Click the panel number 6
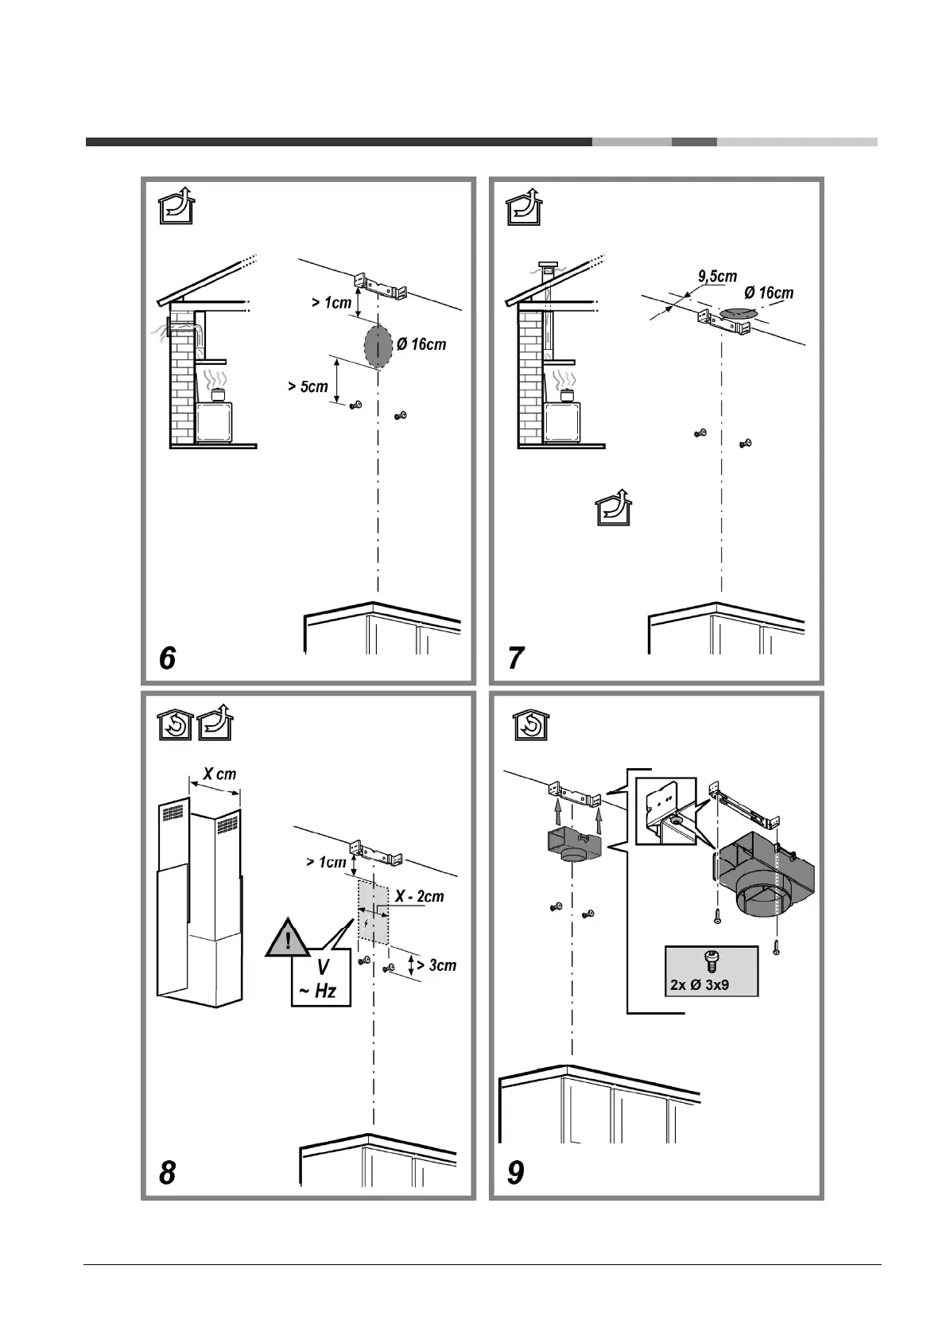(x=167, y=658)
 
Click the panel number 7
(x=516, y=658)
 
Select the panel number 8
(x=167, y=1172)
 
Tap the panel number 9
(x=516, y=1172)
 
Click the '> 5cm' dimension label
(x=308, y=387)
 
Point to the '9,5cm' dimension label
(x=717, y=277)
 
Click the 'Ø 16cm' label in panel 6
(x=421, y=344)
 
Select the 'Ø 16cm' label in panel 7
(x=769, y=293)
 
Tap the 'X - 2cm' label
(x=420, y=897)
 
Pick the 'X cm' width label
(x=219, y=774)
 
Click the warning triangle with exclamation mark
(x=288, y=941)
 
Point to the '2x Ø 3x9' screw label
(x=700, y=984)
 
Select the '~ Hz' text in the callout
(x=317, y=991)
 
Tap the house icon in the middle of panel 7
(x=618, y=507)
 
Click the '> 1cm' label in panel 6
(x=331, y=303)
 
